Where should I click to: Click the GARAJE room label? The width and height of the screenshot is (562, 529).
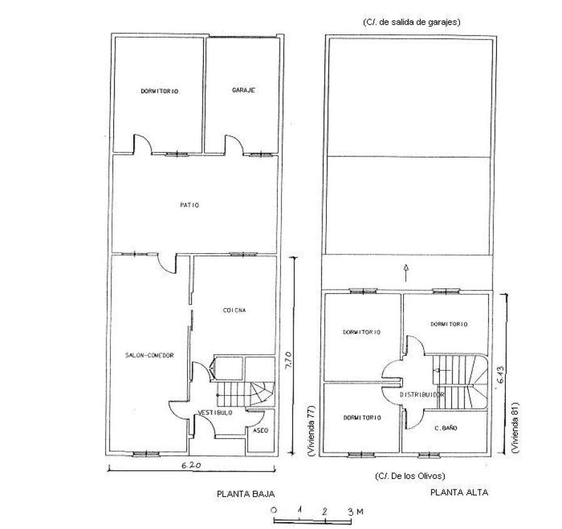click(243, 90)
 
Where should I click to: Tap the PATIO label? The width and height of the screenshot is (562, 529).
click(190, 205)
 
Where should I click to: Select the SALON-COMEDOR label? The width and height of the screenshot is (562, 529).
click(150, 355)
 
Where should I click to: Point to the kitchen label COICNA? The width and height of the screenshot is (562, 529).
click(235, 310)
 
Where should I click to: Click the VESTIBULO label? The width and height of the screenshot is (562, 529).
click(215, 413)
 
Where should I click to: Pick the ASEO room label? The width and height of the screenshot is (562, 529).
click(260, 430)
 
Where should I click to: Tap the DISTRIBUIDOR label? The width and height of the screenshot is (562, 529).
click(422, 395)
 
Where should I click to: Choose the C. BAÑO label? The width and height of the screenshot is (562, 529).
click(446, 428)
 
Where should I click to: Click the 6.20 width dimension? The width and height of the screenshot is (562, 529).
click(192, 465)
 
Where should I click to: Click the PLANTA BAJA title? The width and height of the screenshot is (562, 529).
click(246, 494)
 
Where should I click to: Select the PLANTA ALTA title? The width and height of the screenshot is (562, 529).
click(459, 492)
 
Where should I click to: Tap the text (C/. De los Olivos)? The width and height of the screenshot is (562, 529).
click(410, 476)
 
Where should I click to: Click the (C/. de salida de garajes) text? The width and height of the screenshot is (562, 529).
click(411, 23)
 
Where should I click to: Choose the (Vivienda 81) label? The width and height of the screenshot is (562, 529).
click(516, 427)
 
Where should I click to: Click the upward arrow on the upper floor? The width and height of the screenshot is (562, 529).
click(406, 273)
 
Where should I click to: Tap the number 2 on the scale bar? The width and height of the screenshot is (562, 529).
click(325, 511)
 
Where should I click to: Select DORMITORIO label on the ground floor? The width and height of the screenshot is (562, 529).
click(160, 91)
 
